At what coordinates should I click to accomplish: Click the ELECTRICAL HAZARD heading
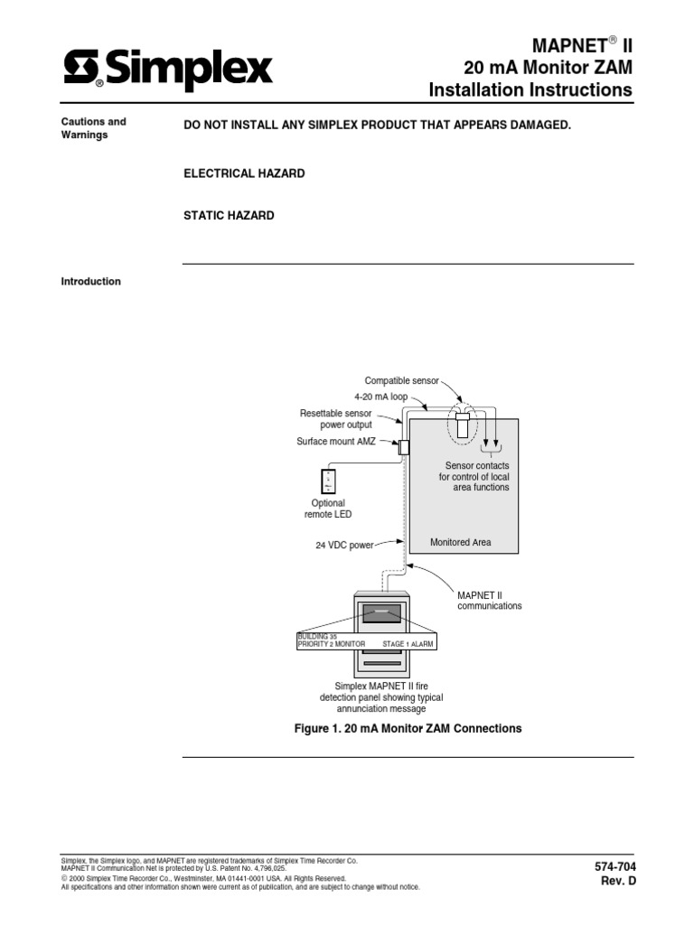click(x=244, y=173)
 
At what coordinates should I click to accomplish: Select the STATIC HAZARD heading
click(x=229, y=216)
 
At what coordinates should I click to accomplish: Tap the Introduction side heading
click(x=90, y=282)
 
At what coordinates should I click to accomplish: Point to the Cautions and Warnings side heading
click(x=93, y=128)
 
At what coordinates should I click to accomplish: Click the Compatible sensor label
click(x=401, y=380)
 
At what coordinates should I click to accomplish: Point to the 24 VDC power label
click(x=344, y=546)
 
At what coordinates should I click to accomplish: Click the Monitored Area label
click(x=461, y=543)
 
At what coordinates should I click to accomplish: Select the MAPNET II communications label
click(x=489, y=601)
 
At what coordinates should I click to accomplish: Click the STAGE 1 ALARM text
click(x=408, y=644)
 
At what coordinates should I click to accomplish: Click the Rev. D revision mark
click(x=619, y=882)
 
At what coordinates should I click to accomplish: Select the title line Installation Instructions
click(x=530, y=89)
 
